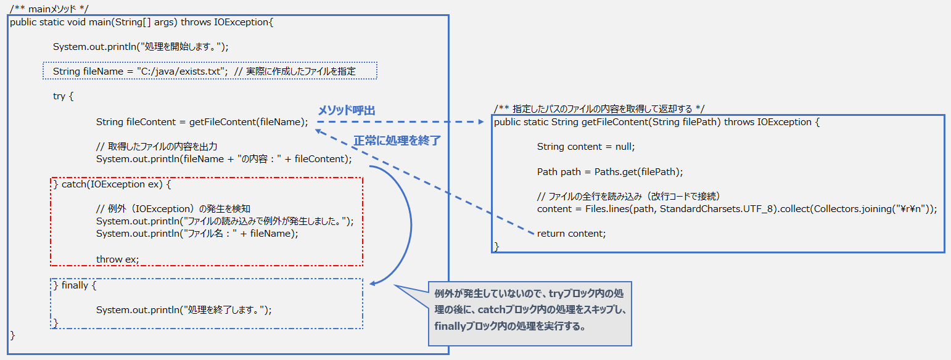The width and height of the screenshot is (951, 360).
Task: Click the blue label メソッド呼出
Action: point(346,110)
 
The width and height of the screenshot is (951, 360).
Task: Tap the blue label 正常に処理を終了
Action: point(397,140)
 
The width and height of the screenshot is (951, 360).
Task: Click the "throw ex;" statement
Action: point(117,260)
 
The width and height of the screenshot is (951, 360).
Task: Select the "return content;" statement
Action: point(571,234)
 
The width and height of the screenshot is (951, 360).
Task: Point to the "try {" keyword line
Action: point(64,96)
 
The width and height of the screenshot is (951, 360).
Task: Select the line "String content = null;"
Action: point(585,147)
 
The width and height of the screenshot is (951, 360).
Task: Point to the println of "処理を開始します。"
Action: point(141,47)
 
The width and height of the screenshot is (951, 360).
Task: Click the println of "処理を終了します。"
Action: point(184,310)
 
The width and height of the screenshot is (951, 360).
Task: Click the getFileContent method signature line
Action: point(657,122)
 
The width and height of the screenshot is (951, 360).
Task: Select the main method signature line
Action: point(141,22)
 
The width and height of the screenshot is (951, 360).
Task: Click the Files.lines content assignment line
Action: point(736,209)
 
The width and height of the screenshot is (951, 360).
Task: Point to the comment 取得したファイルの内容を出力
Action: point(157,147)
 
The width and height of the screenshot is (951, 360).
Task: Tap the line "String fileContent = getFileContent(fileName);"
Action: point(202,122)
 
